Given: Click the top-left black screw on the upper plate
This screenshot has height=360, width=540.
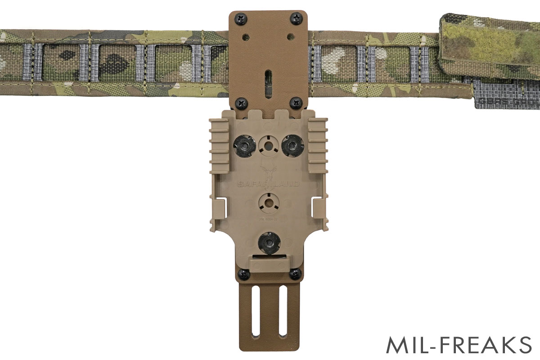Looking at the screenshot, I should click(x=242, y=19).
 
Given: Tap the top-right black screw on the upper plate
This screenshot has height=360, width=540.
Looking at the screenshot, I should click(x=296, y=18).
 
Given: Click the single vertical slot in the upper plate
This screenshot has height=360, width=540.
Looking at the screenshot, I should click(x=269, y=83).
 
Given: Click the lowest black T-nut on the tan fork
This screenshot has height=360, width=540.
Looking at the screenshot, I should click(x=269, y=243).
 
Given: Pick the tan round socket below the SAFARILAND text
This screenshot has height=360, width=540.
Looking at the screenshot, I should click(x=269, y=202).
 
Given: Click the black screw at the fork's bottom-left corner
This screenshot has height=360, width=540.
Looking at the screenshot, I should click(x=243, y=274).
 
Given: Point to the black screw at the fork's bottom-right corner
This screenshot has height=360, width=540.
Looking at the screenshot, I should click(x=295, y=273).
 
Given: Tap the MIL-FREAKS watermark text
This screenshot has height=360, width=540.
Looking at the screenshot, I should click(x=459, y=345).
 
